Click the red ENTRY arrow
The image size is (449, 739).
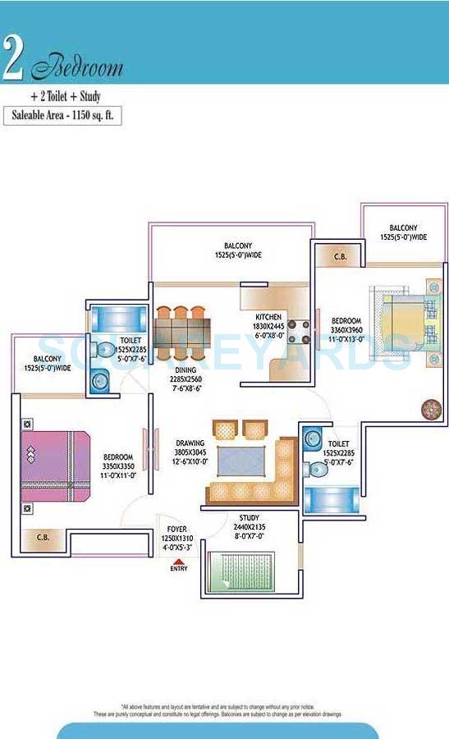pos(178,562)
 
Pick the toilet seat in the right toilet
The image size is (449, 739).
pos(317,469)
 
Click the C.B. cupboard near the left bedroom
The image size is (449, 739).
pos(41,538)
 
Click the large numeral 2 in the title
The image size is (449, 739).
pos(13,59)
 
